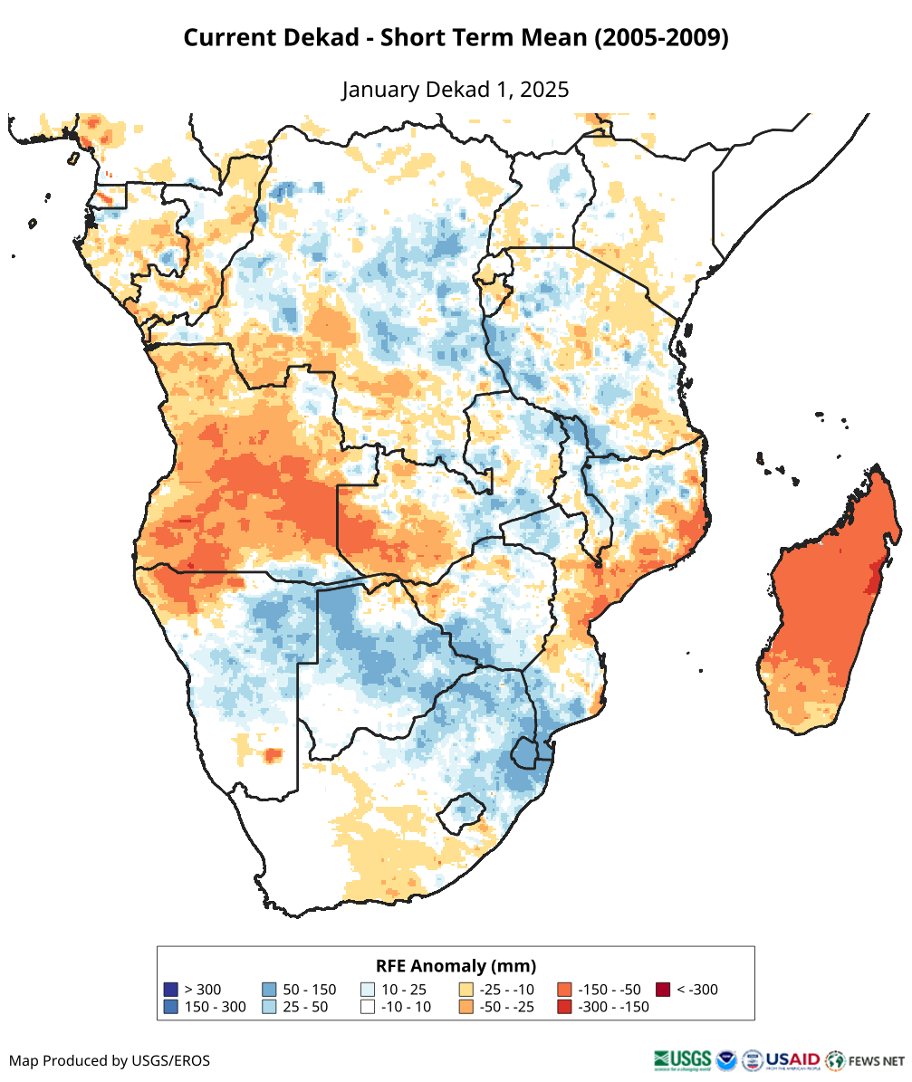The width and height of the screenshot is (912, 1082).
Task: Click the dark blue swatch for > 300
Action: tap(170, 990)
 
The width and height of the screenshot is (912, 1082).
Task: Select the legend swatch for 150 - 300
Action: tap(170, 1007)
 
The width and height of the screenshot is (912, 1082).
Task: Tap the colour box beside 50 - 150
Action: tap(269, 990)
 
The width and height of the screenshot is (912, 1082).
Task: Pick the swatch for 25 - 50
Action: tap(269, 1007)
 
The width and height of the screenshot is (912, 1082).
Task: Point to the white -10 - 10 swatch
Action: tap(368, 1007)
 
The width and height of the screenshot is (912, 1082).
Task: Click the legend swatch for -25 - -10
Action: tap(466, 990)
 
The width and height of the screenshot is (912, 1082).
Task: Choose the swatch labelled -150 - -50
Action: tap(564, 990)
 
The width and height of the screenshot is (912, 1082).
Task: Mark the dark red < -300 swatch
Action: tap(663, 990)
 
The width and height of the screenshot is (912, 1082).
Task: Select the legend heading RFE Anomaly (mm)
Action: tap(456, 965)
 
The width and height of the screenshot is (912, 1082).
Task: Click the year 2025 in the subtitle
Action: tap(544, 90)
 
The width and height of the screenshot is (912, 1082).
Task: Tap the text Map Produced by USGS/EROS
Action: tap(110, 1060)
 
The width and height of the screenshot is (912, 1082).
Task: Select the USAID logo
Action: tap(792, 1059)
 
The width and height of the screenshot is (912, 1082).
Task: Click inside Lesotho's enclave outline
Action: tap(459, 811)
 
